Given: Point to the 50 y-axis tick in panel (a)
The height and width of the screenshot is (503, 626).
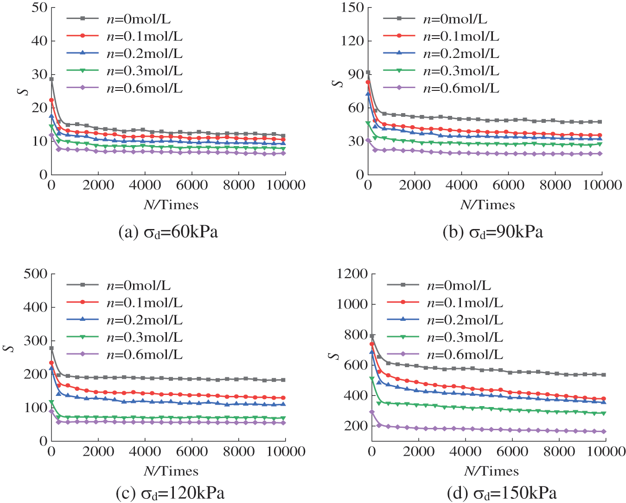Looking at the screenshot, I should coord(39,7).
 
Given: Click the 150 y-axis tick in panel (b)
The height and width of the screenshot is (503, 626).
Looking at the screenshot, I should coord(352,7).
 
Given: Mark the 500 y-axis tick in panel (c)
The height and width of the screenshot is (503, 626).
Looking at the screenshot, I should coord(36,274).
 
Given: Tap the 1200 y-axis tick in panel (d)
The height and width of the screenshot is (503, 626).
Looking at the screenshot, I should coord(352,274).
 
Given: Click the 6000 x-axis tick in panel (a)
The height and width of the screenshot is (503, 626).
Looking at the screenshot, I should coord(192,185).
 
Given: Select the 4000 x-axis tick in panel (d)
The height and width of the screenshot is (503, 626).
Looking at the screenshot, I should coord(466,452).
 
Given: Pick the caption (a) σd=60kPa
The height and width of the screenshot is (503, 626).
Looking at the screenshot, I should coord(168,232).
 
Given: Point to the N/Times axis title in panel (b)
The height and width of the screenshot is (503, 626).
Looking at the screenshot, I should coord(487,205).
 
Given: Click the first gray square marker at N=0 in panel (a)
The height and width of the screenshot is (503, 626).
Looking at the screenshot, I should coord(51,79).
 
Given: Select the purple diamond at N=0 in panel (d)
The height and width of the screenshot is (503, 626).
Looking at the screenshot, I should coord(372,412).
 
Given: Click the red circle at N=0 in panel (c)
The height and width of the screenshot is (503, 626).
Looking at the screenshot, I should coord(51,363).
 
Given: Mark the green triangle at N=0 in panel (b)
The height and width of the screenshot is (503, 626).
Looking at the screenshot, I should coord(368,123).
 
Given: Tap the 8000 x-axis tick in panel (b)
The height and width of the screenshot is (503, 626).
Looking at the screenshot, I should coord(555,185).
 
